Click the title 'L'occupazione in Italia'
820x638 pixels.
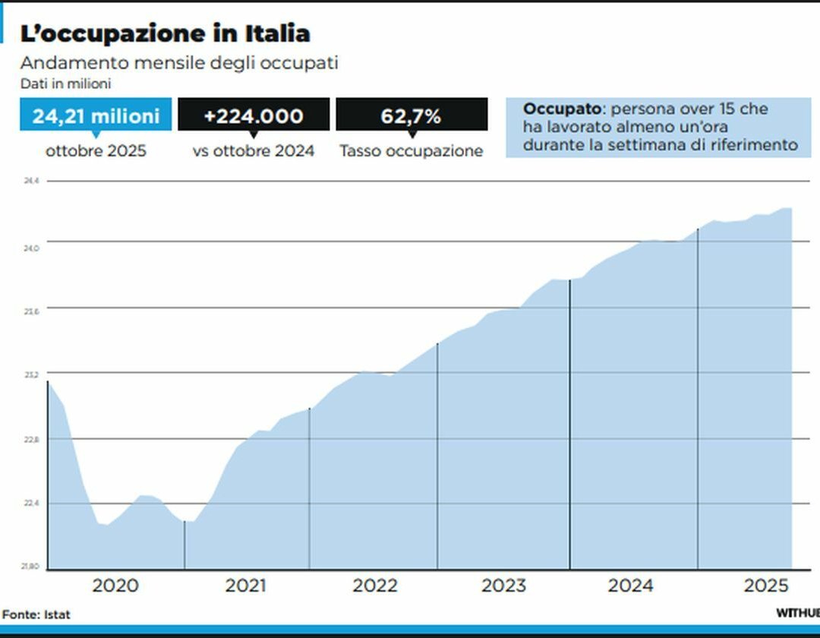(165, 33)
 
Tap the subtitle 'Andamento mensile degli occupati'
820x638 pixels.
(179, 63)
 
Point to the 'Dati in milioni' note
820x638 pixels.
(66, 84)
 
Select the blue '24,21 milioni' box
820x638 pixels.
(96, 115)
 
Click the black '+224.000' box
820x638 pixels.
(254, 115)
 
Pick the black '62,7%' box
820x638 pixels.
(411, 115)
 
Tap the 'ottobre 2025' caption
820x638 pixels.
(96, 151)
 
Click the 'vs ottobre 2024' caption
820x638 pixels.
(254, 151)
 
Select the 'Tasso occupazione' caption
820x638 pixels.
(411, 151)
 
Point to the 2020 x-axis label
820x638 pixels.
(115, 586)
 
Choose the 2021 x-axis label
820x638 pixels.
(246, 586)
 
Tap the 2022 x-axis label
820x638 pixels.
(375, 586)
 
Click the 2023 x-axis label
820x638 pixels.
(504, 586)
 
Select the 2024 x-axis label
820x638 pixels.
(631, 586)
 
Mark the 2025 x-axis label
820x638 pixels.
(767, 586)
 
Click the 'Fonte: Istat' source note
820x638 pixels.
(36, 614)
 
